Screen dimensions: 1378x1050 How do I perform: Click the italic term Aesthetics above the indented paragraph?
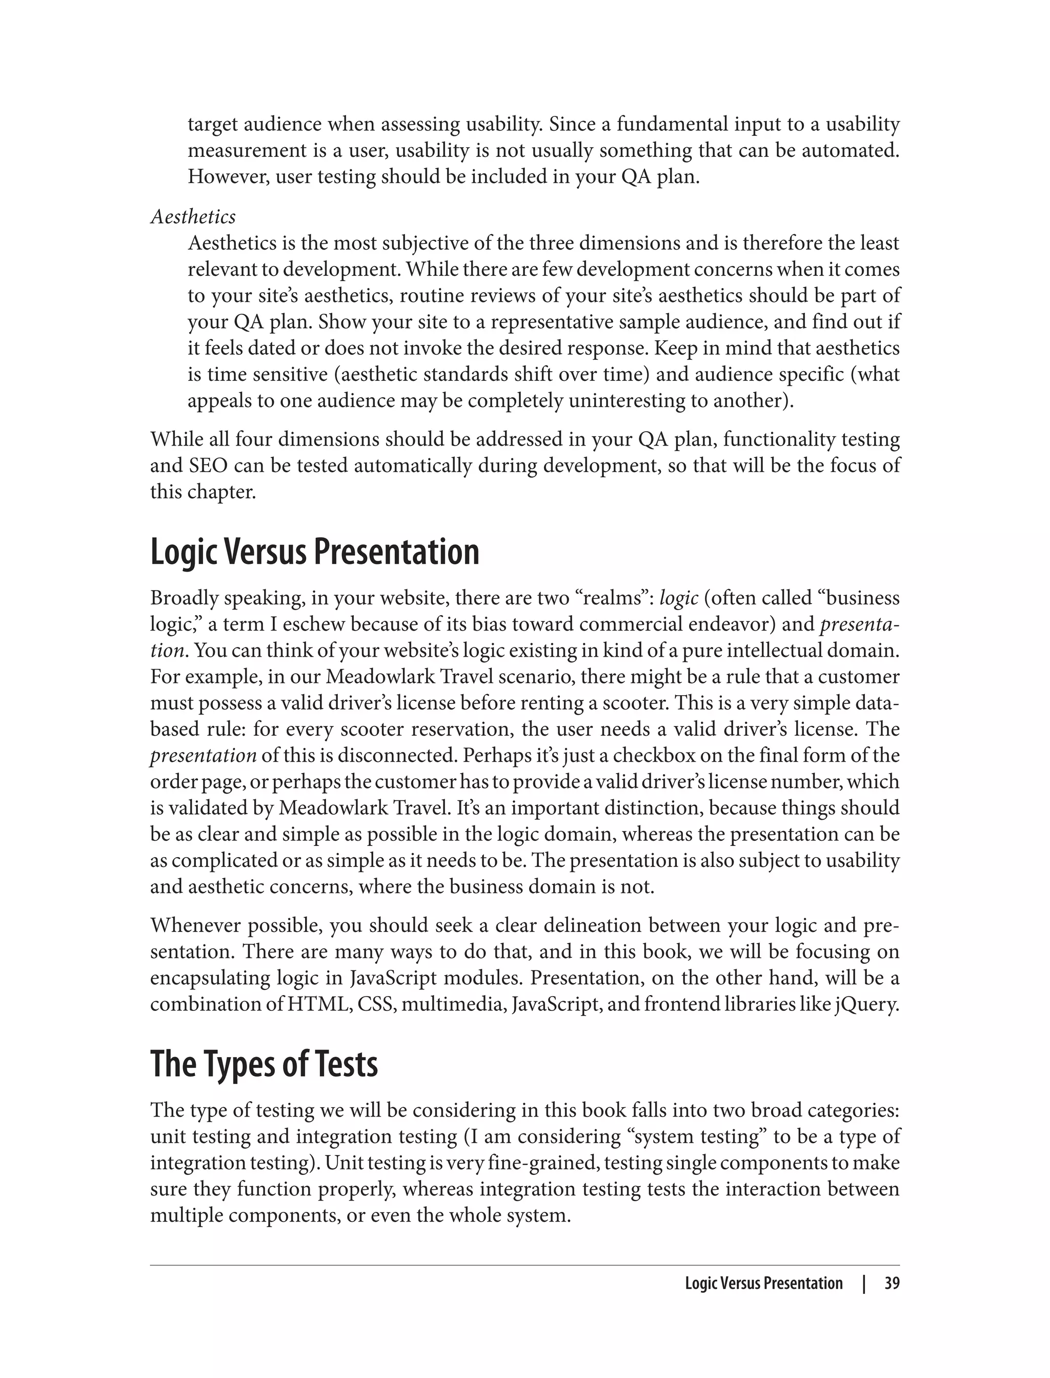pos(193,217)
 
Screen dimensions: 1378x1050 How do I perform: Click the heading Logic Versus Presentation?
pos(314,553)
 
